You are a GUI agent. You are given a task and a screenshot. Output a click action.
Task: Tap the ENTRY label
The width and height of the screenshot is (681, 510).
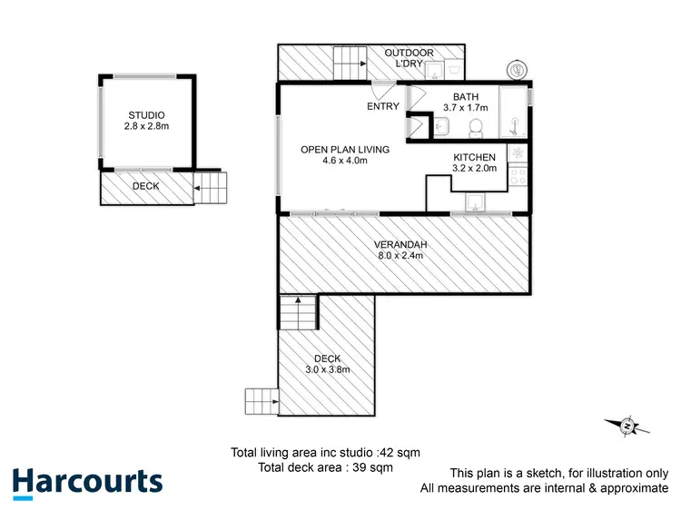383,107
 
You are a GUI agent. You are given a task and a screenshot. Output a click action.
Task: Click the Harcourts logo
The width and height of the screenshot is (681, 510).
87,482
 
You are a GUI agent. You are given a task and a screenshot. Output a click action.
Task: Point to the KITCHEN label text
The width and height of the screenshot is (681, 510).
474,157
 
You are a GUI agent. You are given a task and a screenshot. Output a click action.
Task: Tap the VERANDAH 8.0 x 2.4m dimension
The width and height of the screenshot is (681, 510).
401,256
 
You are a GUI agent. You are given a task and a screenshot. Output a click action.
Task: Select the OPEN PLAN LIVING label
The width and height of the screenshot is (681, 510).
344,149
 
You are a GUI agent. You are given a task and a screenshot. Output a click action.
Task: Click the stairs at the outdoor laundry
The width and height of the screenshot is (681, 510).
350,64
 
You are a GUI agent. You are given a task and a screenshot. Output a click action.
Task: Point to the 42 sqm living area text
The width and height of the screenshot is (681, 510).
325,452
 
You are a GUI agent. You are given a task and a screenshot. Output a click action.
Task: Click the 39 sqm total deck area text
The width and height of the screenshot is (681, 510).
324,467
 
